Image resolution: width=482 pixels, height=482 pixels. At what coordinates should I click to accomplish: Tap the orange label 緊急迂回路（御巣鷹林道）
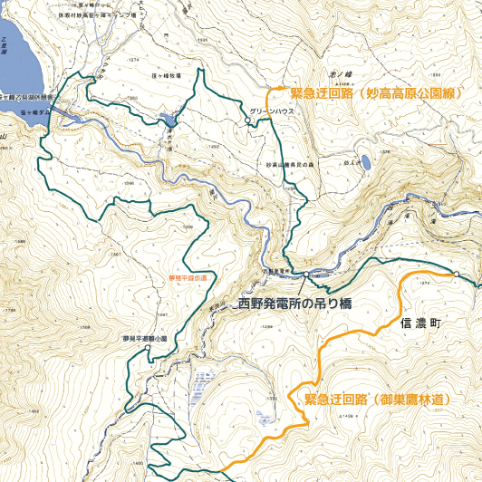tap(380, 398)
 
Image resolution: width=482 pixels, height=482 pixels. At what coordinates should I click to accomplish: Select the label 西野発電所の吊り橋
tap(295, 304)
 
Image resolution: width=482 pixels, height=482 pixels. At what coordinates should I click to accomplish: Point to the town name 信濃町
tap(418, 323)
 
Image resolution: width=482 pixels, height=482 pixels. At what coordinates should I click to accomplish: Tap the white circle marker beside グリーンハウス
tap(247, 119)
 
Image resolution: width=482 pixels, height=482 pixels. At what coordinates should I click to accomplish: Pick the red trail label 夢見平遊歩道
tap(188, 276)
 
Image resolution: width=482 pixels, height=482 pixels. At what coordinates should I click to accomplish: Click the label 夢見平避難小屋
tap(145, 339)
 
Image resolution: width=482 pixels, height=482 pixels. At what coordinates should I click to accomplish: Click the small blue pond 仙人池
tap(366, 162)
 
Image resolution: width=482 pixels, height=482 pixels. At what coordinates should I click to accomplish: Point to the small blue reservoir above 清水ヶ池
tap(170, 119)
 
